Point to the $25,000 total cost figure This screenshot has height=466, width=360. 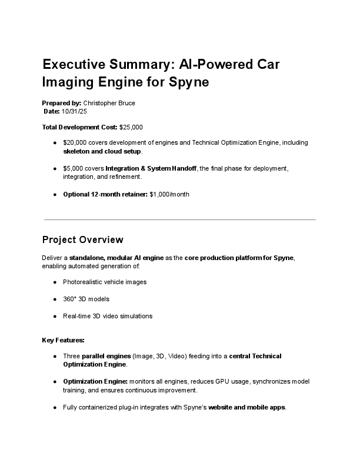(x=131, y=127)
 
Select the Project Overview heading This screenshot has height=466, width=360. (x=83, y=240)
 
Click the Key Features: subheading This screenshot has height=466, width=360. (x=64, y=340)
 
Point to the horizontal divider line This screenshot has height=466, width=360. (x=180, y=219)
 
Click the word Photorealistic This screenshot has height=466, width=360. (x=84, y=282)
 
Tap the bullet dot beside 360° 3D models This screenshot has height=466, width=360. (x=55, y=299)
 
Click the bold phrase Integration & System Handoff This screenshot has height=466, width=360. (x=151, y=168)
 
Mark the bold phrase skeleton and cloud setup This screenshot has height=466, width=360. (x=102, y=151)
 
